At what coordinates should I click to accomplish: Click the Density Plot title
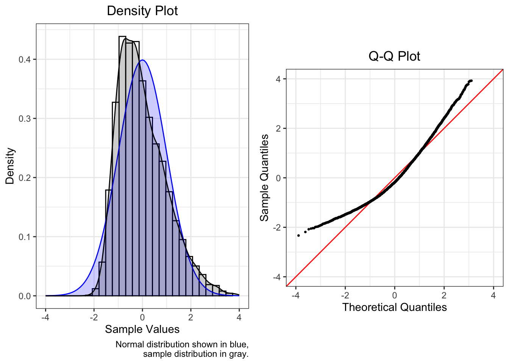pyautogui.click(x=142, y=11)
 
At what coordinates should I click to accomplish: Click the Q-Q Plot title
pyautogui.click(x=394, y=56)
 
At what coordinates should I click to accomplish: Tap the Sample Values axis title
pyautogui.click(x=142, y=329)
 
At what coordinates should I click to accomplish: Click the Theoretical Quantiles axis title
pyautogui.click(x=394, y=307)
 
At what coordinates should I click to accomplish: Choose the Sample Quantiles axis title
pyautogui.click(x=264, y=177)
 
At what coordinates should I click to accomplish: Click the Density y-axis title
pyautogui.click(x=10, y=166)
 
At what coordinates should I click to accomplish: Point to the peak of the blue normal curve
pyautogui.click(x=142, y=60)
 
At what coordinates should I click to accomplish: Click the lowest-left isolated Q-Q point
pyautogui.click(x=298, y=235)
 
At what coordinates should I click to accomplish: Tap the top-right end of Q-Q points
pyautogui.click(x=471, y=81)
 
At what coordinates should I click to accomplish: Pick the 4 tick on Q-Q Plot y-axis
pyautogui.click(x=278, y=79)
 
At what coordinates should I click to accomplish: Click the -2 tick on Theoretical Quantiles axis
pyautogui.click(x=345, y=295)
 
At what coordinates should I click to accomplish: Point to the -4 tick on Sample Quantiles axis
pyautogui.click(x=277, y=277)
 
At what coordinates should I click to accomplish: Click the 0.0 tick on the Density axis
pyautogui.click(x=26, y=296)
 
